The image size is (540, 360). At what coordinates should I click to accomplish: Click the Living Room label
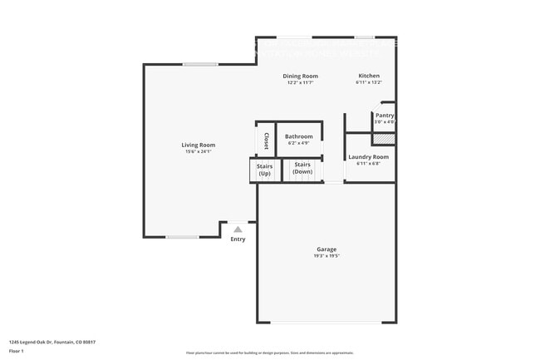tap(199, 145)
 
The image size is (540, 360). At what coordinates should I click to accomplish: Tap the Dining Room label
tap(302, 76)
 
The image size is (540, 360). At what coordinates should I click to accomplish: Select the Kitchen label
tap(368, 76)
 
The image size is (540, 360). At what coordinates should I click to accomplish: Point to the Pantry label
tap(385, 116)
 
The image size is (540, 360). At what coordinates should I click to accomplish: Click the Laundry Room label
tap(368, 156)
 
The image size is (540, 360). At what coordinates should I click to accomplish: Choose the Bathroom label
tap(299, 136)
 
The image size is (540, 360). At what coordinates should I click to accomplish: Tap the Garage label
tap(326, 249)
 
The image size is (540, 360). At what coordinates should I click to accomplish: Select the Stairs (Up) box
tap(264, 170)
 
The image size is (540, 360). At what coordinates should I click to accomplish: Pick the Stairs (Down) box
tap(302, 170)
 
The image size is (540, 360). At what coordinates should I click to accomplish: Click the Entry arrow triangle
tap(238, 229)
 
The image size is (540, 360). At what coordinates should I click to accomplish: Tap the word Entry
tap(238, 239)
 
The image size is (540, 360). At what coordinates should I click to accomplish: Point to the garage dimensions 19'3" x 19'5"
tap(326, 256)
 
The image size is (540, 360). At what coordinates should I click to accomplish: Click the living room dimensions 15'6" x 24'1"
tap(199, 151)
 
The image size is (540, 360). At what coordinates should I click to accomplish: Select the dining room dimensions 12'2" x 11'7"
tap(302, 82)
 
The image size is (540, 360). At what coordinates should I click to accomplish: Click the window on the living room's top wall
tap(200, 65)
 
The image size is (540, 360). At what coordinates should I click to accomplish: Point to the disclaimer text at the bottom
tap(270, 353)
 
